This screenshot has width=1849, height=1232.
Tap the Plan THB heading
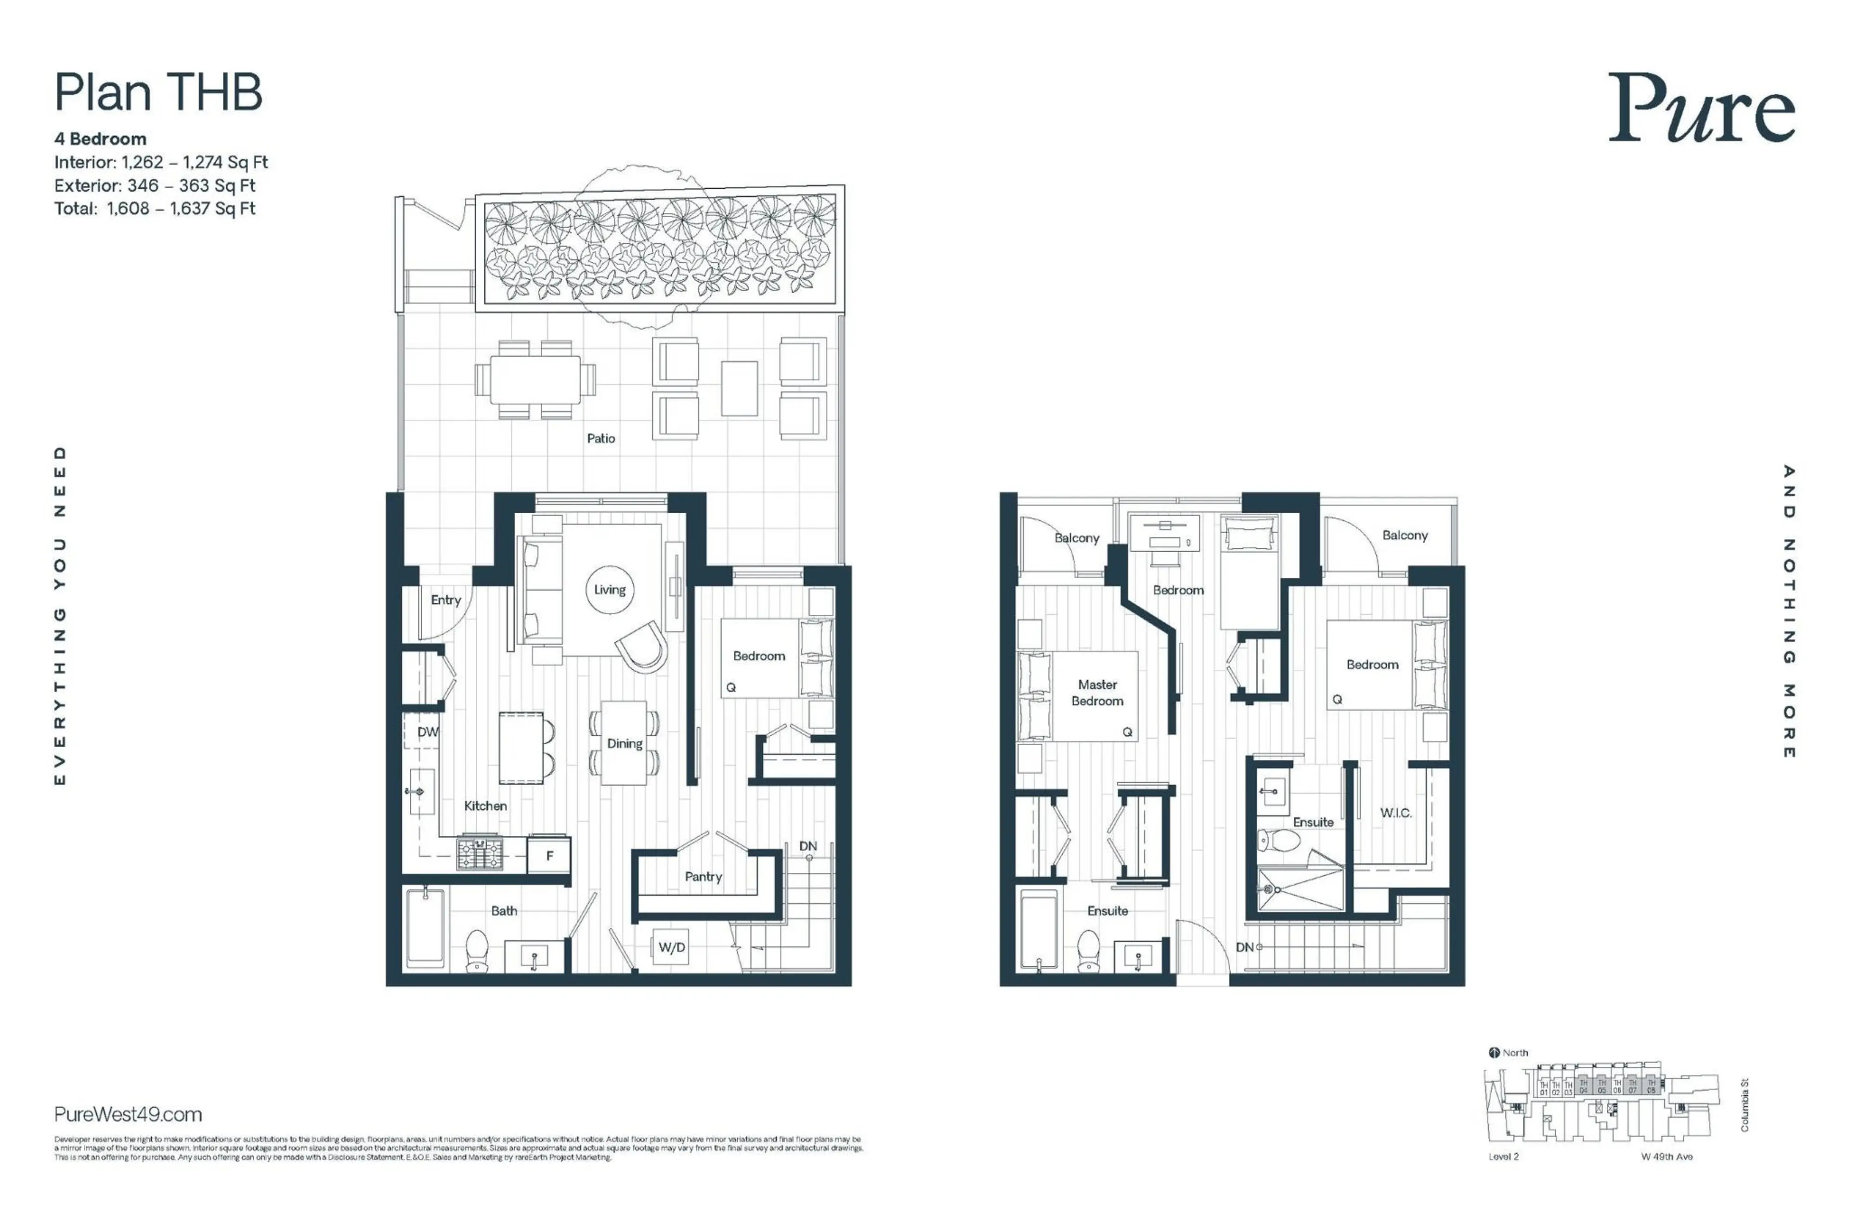[158, 93]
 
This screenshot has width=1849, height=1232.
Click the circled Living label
[609, 589]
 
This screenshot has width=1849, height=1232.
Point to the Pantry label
[703, 876]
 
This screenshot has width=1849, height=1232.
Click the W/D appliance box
[671, 947]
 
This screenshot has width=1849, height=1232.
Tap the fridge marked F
[549, 856]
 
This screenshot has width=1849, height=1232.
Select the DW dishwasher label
[428, 731]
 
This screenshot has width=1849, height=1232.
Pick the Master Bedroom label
[1096, 692]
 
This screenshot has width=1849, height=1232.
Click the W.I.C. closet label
[1395, 813]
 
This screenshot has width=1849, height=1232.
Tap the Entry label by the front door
[445, 599]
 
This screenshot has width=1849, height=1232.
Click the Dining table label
[624, 743]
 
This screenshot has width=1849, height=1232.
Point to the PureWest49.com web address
[128, 1114]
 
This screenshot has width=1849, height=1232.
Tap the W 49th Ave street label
[1666, 1156]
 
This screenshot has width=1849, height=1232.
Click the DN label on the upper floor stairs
[1244, 947]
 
